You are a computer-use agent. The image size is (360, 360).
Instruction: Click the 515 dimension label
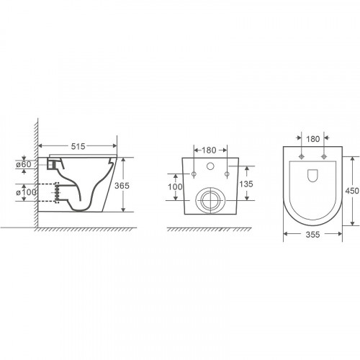pos(78,146)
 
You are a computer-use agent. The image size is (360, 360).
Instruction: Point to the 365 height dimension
pos(122,186)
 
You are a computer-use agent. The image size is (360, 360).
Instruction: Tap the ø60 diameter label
pos(24,164)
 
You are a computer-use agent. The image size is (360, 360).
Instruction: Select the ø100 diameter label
pos(26,192)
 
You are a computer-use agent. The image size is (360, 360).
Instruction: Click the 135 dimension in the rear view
pos(246,184)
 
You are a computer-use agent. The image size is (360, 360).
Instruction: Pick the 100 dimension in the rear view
pos(175,186)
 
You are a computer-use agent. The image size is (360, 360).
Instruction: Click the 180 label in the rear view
pos(209,150)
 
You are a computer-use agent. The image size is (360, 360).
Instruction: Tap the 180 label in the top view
pos(313,139)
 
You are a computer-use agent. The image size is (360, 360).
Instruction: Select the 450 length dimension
pos(352,191)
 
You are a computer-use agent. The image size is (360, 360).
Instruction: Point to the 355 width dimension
pos(312,235)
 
